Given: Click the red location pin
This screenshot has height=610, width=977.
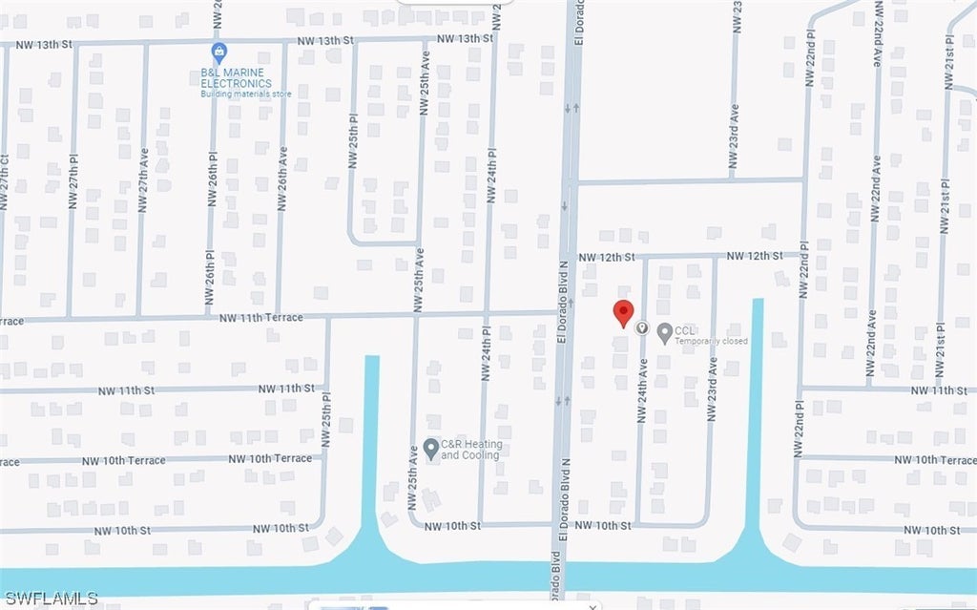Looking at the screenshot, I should coord(623,313).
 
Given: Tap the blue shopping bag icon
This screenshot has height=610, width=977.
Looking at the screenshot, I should coord(219,51).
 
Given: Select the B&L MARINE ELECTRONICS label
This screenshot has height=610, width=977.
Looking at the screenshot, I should coord(235,76).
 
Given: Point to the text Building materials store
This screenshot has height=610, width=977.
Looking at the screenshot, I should coord(246,94).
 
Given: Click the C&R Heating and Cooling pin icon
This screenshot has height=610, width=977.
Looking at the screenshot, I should coord(431,447).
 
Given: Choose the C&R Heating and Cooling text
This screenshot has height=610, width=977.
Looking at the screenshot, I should coord(471,450).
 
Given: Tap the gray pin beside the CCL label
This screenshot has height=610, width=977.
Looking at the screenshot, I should coord(664,332).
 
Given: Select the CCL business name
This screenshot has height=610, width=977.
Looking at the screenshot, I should coord(684,330).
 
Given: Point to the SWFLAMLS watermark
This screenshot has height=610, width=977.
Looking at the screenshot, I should coord(50,599).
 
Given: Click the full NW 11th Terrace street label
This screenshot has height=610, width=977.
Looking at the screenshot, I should coord(260,317).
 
